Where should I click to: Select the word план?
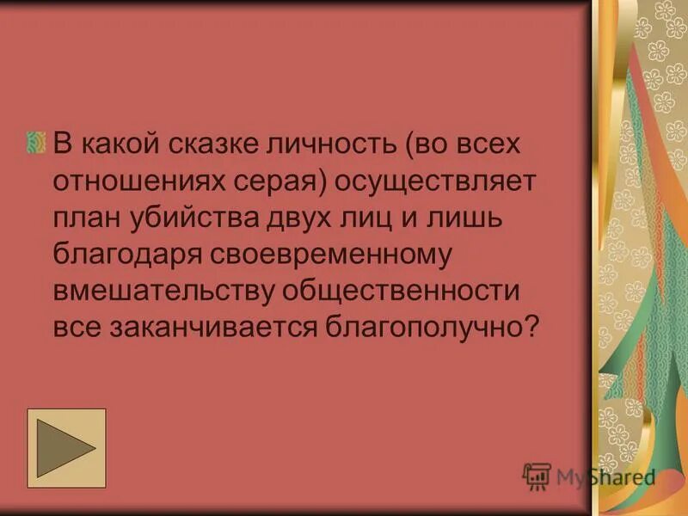(x=87, y=217)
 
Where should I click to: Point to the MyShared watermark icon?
(x=537, y=476)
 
